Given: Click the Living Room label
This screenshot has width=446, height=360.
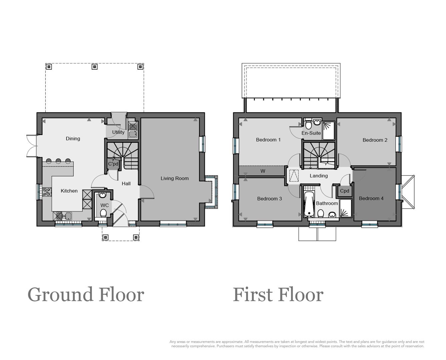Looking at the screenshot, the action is click(174, 178).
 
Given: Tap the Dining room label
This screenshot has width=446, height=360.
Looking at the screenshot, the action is click(73, 139).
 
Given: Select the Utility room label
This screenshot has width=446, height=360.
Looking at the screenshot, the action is click(118, 132).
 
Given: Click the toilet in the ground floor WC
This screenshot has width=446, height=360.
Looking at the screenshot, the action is click(103, 213).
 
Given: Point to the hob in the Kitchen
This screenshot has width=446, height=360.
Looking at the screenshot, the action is click(47, 192).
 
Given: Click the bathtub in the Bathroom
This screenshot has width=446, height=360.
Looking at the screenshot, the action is click(309, 204).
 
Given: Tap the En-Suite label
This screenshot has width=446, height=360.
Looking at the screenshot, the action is click(311, 133).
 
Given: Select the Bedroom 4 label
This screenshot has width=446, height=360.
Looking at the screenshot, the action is click(371, 199).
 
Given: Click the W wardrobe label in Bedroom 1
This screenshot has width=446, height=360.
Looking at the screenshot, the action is click(263, 171).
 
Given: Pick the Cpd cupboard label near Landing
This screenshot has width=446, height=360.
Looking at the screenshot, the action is click(345, 191).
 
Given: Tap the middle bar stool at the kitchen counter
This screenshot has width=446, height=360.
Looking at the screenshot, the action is click(58, 161).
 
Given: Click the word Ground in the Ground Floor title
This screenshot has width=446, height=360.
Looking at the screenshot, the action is click(60, 295).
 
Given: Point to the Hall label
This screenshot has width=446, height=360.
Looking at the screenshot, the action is click(126, 184).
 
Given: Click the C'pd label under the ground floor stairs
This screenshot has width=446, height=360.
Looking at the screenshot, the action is click(113, 164).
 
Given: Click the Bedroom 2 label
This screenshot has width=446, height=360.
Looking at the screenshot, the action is click(375, 140).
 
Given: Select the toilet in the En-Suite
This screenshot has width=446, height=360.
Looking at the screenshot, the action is click(308, 124).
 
